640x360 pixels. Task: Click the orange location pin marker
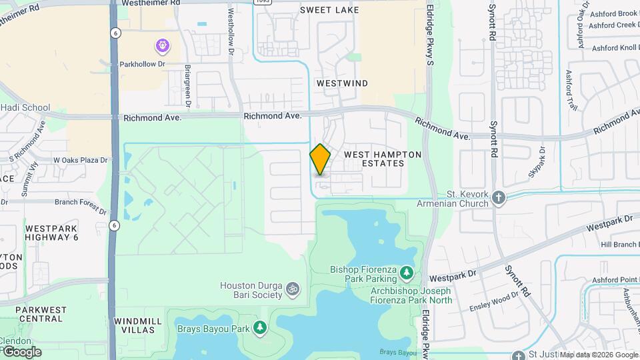coord(320,159)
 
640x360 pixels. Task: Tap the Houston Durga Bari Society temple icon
coord(291,289)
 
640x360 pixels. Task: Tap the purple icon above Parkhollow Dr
coord(162,46)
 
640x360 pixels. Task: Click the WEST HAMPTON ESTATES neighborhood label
coord(383,159)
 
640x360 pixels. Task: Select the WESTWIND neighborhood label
coord(342,83)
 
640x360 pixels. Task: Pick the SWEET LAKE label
coord(329,10)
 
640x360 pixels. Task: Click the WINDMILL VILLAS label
coord(139,325)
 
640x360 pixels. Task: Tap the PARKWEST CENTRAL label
coord(41,314)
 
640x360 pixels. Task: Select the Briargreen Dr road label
coord(189,86)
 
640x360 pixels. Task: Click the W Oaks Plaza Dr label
coord(80,161)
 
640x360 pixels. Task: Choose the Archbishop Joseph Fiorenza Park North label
coord(411,295)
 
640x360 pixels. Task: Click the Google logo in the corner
coord(21,351)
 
